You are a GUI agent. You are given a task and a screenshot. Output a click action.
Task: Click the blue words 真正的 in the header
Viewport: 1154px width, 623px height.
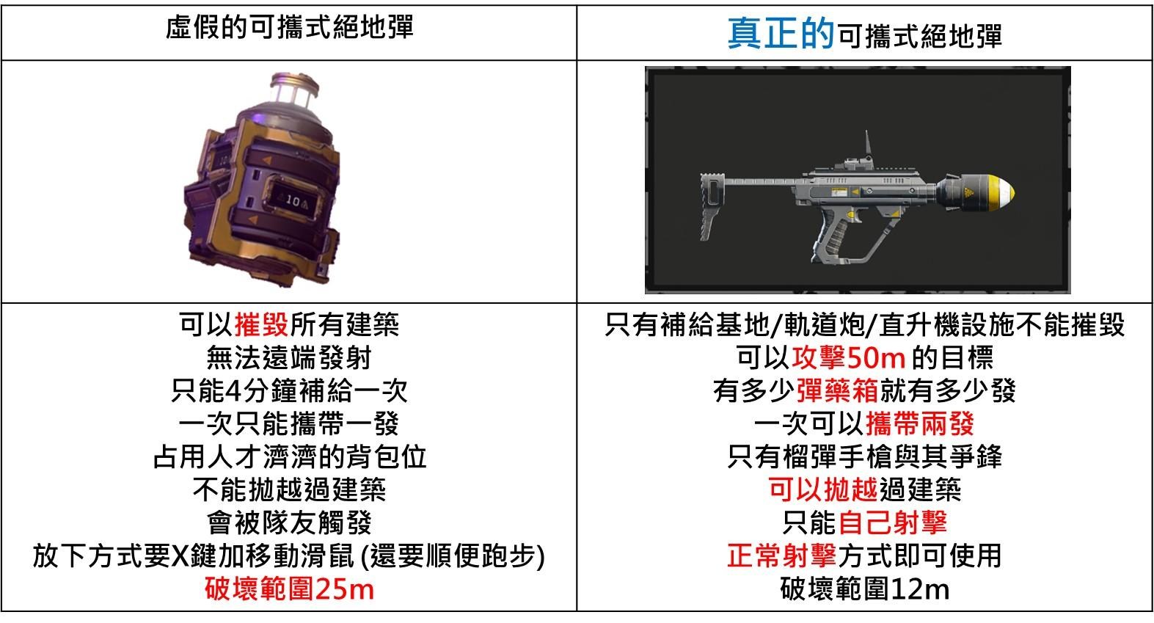[x=780, y=33]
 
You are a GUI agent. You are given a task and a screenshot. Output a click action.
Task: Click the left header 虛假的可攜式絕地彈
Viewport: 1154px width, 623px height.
[x=289, y=28]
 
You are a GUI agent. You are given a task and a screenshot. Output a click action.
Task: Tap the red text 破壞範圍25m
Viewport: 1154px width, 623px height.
[x=289, y=589]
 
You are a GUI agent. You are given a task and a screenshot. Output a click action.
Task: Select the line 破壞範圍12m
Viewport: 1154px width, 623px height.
[x=865, y=589]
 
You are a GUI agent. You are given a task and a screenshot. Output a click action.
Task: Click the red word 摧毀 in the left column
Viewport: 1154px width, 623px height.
[x=262, y=324]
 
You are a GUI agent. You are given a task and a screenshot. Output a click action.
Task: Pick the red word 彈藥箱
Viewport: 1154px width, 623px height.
[x=838, y=390]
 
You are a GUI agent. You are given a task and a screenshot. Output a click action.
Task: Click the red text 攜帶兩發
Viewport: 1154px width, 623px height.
[x=920, y=423]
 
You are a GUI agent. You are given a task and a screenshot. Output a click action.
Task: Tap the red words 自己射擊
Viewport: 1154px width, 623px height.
[x=893, y=522]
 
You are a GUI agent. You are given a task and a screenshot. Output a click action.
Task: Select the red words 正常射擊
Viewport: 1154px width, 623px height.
[x=782, y=555]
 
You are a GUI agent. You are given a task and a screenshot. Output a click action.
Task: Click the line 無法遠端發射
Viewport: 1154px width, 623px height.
[x=289, y=357]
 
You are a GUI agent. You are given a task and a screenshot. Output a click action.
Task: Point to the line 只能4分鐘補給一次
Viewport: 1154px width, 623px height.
[x=289, y=390]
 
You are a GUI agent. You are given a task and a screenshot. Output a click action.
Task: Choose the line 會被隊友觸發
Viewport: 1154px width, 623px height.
[x=289, y=522]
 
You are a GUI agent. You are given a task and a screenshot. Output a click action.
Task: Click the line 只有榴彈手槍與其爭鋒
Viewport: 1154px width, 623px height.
[x=865, y=456]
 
